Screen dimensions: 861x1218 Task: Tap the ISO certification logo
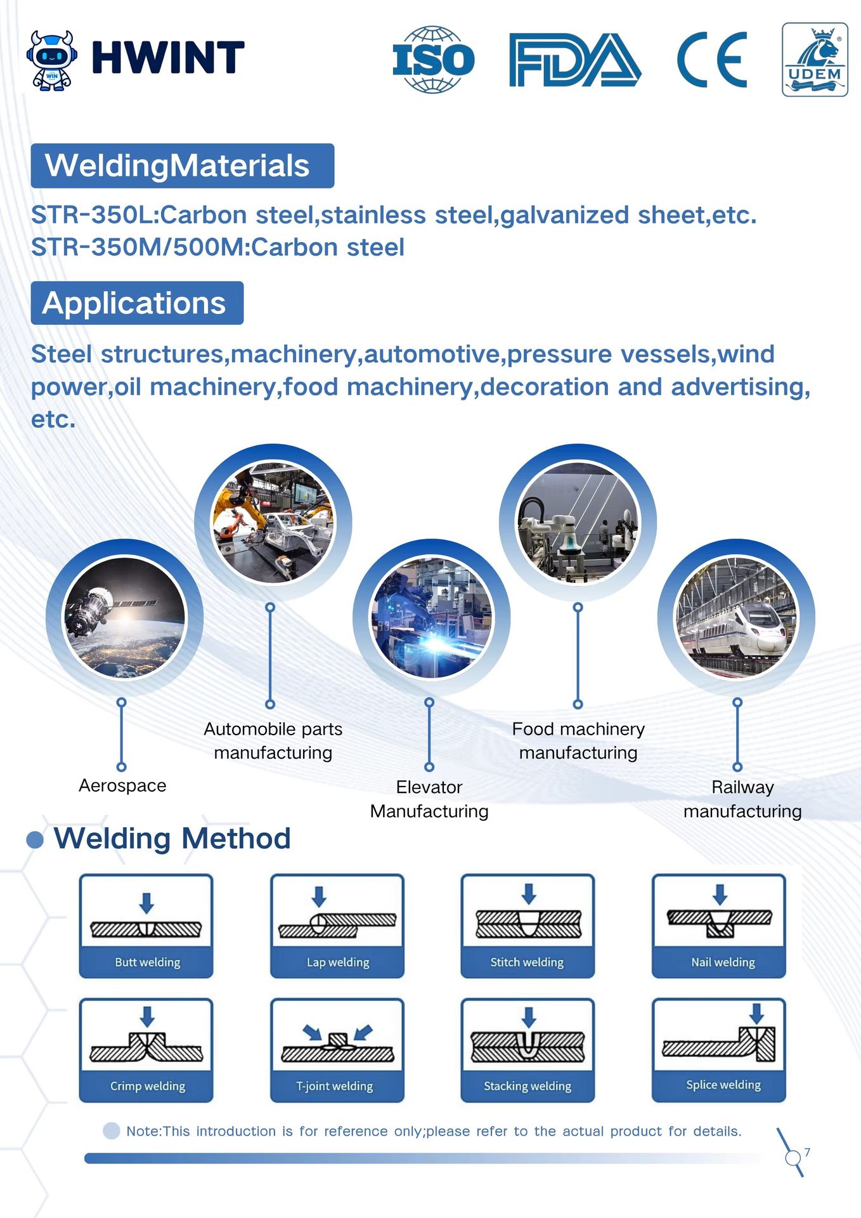pos(434,60)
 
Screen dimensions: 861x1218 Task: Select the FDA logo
pos(575,60)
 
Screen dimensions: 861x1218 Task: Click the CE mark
pos(712,60)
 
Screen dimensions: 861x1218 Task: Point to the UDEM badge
pos(815,60)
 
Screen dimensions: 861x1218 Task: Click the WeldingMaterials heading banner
pos(183,166)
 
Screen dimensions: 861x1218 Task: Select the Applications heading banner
pos(137,303)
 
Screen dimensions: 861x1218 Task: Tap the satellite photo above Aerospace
pos(124,617)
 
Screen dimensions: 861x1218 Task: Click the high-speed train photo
pos(736,617)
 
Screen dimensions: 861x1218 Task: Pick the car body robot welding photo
pos(273,522)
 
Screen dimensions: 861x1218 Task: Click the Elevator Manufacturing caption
pos(429,799)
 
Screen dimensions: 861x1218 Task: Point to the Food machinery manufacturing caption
pos(578,740)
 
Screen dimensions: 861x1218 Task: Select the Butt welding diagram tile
pos(146,926)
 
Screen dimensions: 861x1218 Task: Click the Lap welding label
pos(338,962)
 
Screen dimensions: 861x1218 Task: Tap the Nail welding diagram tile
pos(719,926)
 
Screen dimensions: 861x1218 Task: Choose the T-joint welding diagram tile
pos(337,1050)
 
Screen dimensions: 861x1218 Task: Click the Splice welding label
pos(723,1085)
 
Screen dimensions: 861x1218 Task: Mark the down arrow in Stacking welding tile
pos(529,1018)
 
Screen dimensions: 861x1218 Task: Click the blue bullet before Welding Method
pos(35,840)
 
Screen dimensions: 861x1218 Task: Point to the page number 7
pos(807,1152)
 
